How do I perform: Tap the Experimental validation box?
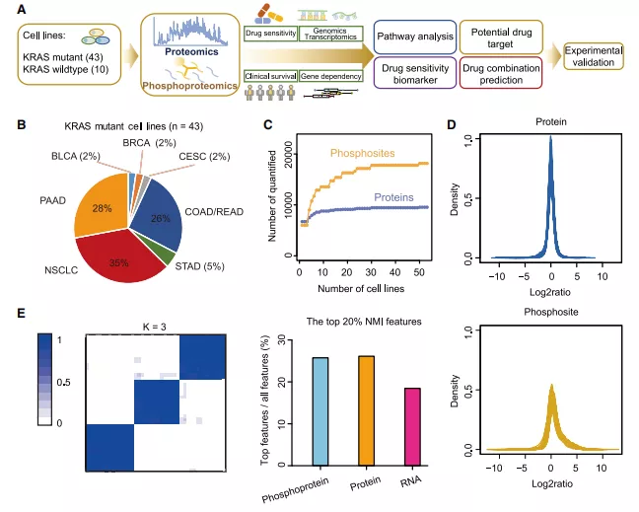point(594,56)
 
